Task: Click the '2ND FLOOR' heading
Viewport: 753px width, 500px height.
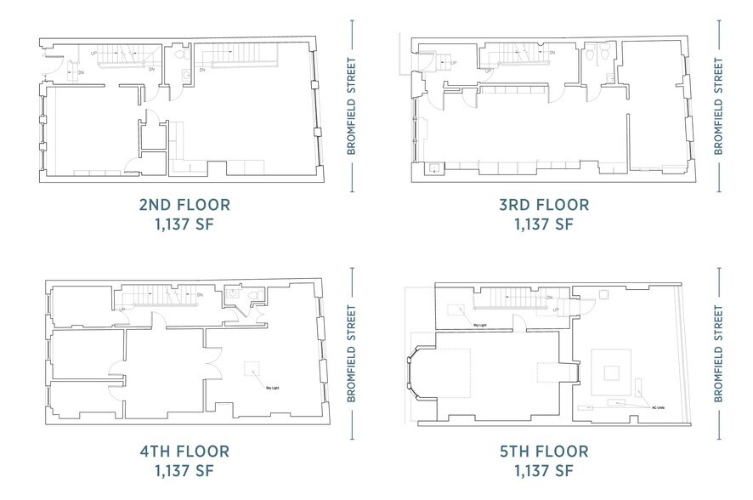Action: point(184,205)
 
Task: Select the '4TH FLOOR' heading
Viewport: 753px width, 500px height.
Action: point(184,451)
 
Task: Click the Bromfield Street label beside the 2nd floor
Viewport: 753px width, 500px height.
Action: point(351,106)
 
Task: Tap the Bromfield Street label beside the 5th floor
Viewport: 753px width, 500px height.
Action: point(718,353)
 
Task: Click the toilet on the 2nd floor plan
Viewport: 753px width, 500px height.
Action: point(179,54)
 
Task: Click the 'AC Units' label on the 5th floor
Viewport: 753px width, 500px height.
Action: point(657,407)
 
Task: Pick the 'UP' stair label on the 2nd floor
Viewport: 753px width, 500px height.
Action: point(93,53)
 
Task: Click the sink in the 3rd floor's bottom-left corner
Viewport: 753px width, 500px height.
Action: point(434,168)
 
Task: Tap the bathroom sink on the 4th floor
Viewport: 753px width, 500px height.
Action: point(233,293)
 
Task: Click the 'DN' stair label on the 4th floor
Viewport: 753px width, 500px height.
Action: point(198,295)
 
